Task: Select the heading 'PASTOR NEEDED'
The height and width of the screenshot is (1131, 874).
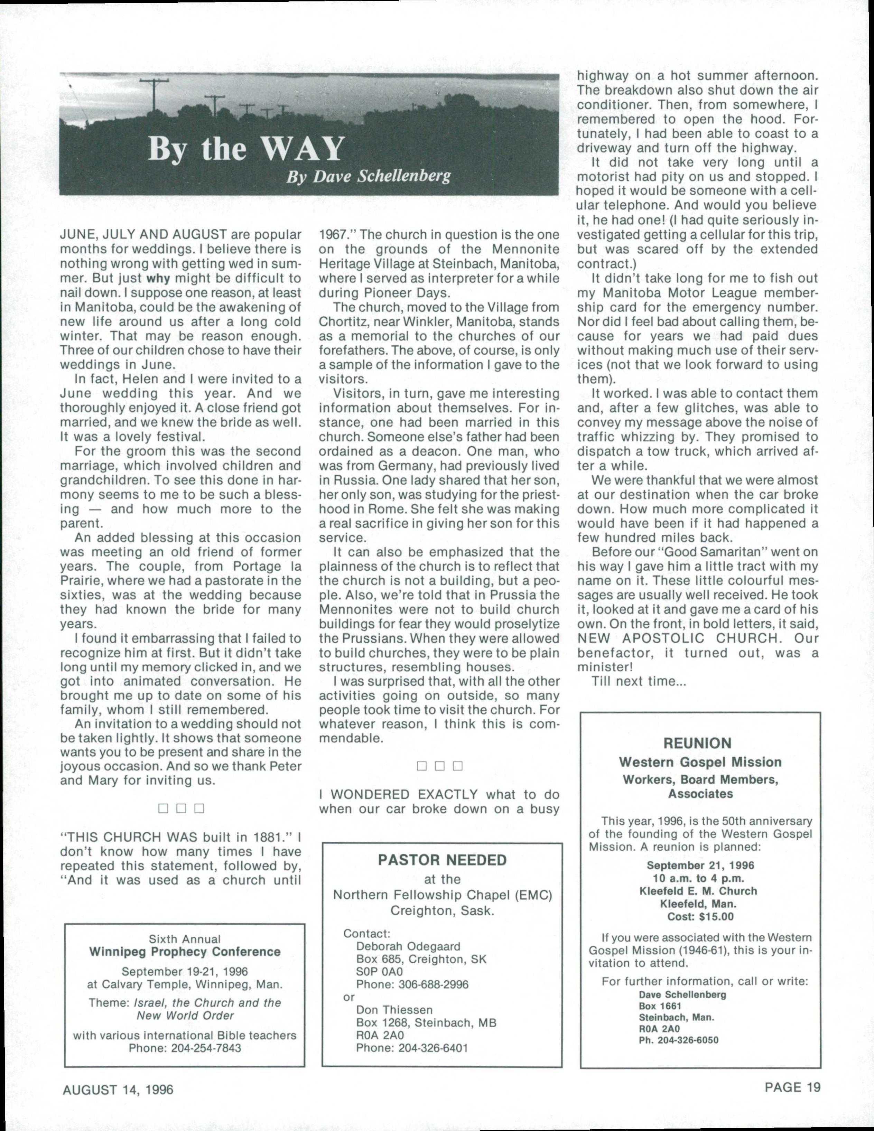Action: (x=441, y=860)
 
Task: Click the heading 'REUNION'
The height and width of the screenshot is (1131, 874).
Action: (x=697, y=744)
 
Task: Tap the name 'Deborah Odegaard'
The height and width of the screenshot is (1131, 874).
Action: (x=408, y=946)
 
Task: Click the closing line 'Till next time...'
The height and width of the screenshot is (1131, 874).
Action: (x=639, y=681)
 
